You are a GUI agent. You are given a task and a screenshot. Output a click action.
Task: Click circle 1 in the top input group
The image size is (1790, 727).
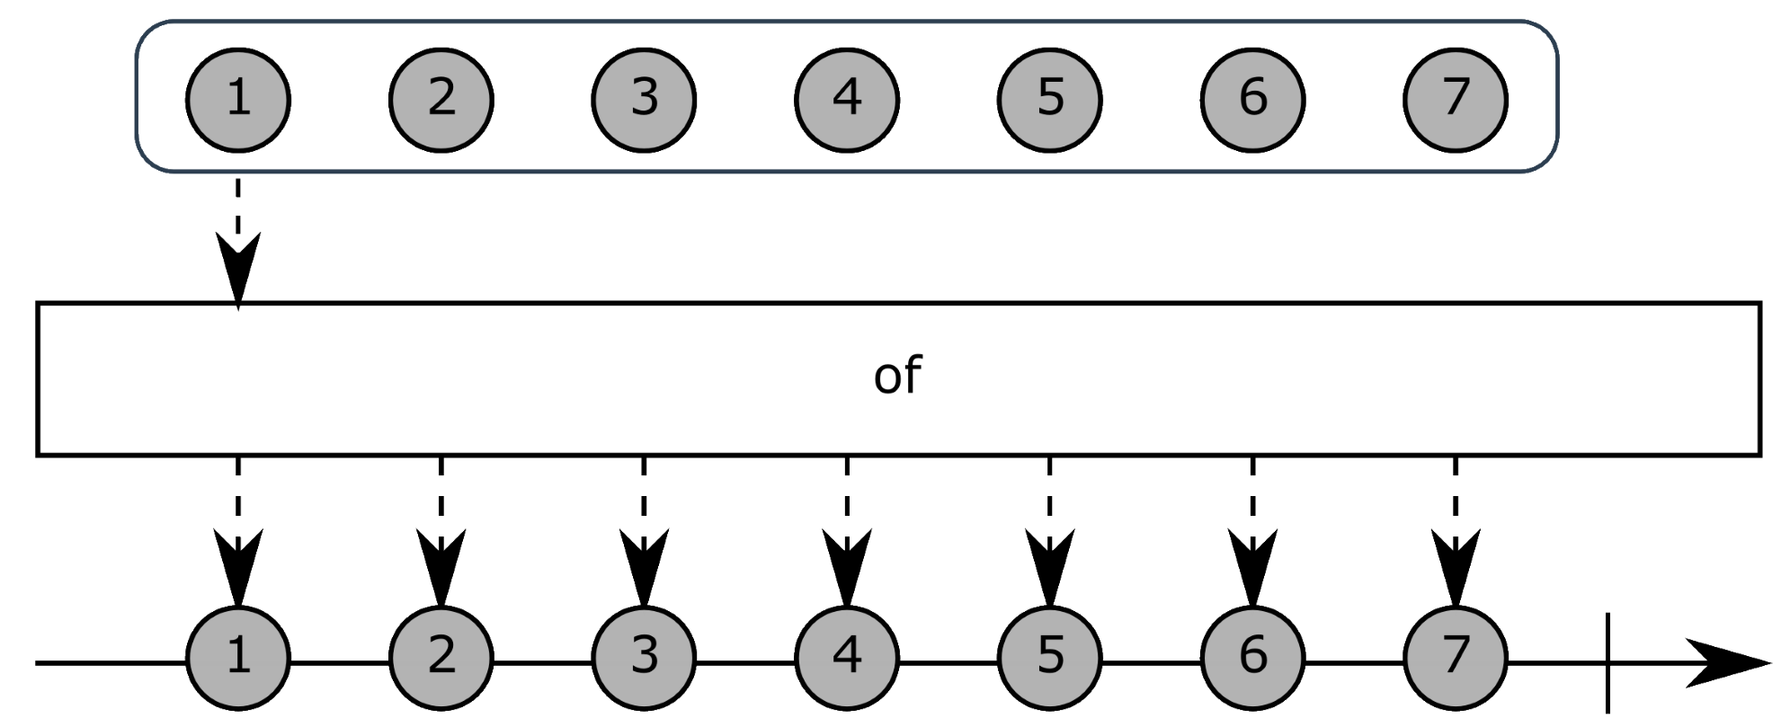click(238, 98)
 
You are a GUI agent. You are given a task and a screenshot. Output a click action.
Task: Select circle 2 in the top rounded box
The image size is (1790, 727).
click(441, 98)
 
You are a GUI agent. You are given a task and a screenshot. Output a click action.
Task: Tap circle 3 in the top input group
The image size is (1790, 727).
click(644, 98)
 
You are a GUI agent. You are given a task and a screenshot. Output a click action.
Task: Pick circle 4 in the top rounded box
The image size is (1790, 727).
click(847, 98)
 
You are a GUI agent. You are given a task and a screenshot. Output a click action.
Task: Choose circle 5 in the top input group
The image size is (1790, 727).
click(1050, 98)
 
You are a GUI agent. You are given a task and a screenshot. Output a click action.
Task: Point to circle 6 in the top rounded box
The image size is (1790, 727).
click(1253, 98)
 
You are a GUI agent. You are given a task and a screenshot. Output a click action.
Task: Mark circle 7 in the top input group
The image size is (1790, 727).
click(1456, 98)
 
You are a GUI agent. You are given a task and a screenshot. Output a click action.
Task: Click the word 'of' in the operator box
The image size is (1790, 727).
click(897, 376)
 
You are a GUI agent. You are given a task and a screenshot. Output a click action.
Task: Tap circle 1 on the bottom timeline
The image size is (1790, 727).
click(238, 657)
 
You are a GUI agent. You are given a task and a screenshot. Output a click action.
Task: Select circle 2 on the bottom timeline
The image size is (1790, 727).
click(441, 657)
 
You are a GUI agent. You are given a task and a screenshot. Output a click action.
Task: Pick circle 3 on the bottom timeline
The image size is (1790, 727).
click(644, 657)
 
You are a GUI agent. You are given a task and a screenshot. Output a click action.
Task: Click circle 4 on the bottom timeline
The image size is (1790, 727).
click(847, 657)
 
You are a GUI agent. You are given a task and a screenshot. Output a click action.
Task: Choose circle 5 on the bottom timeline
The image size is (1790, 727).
click(1050, 657)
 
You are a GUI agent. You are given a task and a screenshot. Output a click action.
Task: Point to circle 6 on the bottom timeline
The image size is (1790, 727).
click(1253, 657)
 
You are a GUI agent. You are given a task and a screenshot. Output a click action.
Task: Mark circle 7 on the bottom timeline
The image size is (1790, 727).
click(1456, 657)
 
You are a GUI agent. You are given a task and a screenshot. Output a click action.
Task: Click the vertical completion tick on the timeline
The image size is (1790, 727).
click(1607, 663)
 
